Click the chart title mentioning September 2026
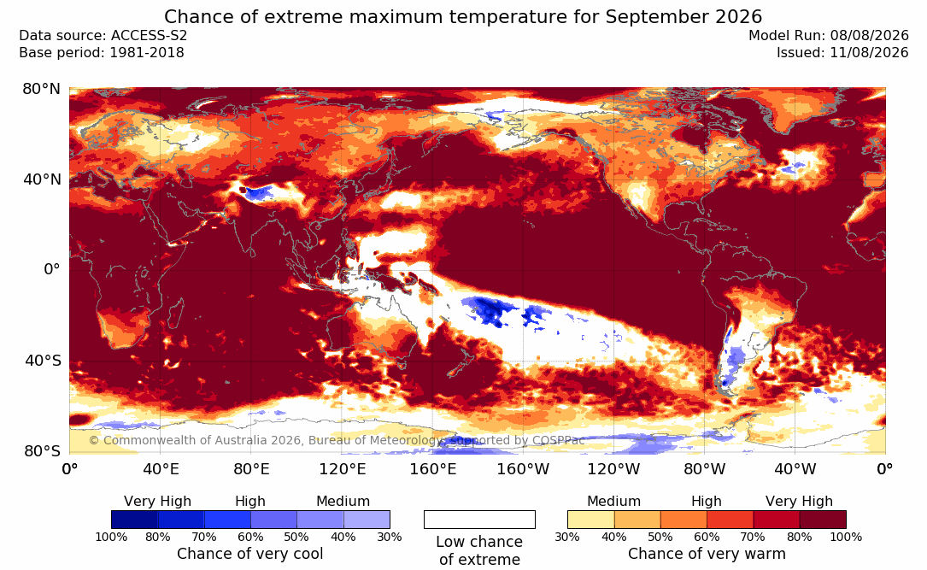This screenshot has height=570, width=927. click(x=463, y=16)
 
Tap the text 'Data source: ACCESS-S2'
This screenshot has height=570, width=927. click(x=103, y=36)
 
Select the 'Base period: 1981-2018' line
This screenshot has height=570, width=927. click(x=102, y=53)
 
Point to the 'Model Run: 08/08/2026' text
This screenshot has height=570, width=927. click(x=828, y=36)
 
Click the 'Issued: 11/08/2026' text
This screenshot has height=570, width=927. click(x=842, y=53)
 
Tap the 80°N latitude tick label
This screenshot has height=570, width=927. click(x=41, y=89)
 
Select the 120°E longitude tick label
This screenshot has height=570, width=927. click(x=342, y=469)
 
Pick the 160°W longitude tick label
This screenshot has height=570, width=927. click(x=523, y=469)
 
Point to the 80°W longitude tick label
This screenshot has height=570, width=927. click(x=704, y=469)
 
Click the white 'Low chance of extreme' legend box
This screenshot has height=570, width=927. click(x=479, y=520)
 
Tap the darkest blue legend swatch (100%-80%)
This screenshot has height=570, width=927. click(x=135, y=520)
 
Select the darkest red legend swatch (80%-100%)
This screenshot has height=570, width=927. click(x=823, y=520)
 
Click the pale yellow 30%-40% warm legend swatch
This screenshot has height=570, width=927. click(x=590, y=520)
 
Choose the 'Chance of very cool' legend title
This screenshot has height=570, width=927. click(x=250, y=554)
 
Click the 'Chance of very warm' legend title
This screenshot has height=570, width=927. click(x=707, y=554)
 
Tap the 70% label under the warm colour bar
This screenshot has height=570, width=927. click(x=754, y=537)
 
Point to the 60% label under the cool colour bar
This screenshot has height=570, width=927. click(x=250, y=537)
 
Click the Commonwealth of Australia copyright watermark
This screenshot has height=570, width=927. click(x=337, y=440)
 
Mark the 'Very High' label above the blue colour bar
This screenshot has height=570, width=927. click(x=157, y=502)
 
